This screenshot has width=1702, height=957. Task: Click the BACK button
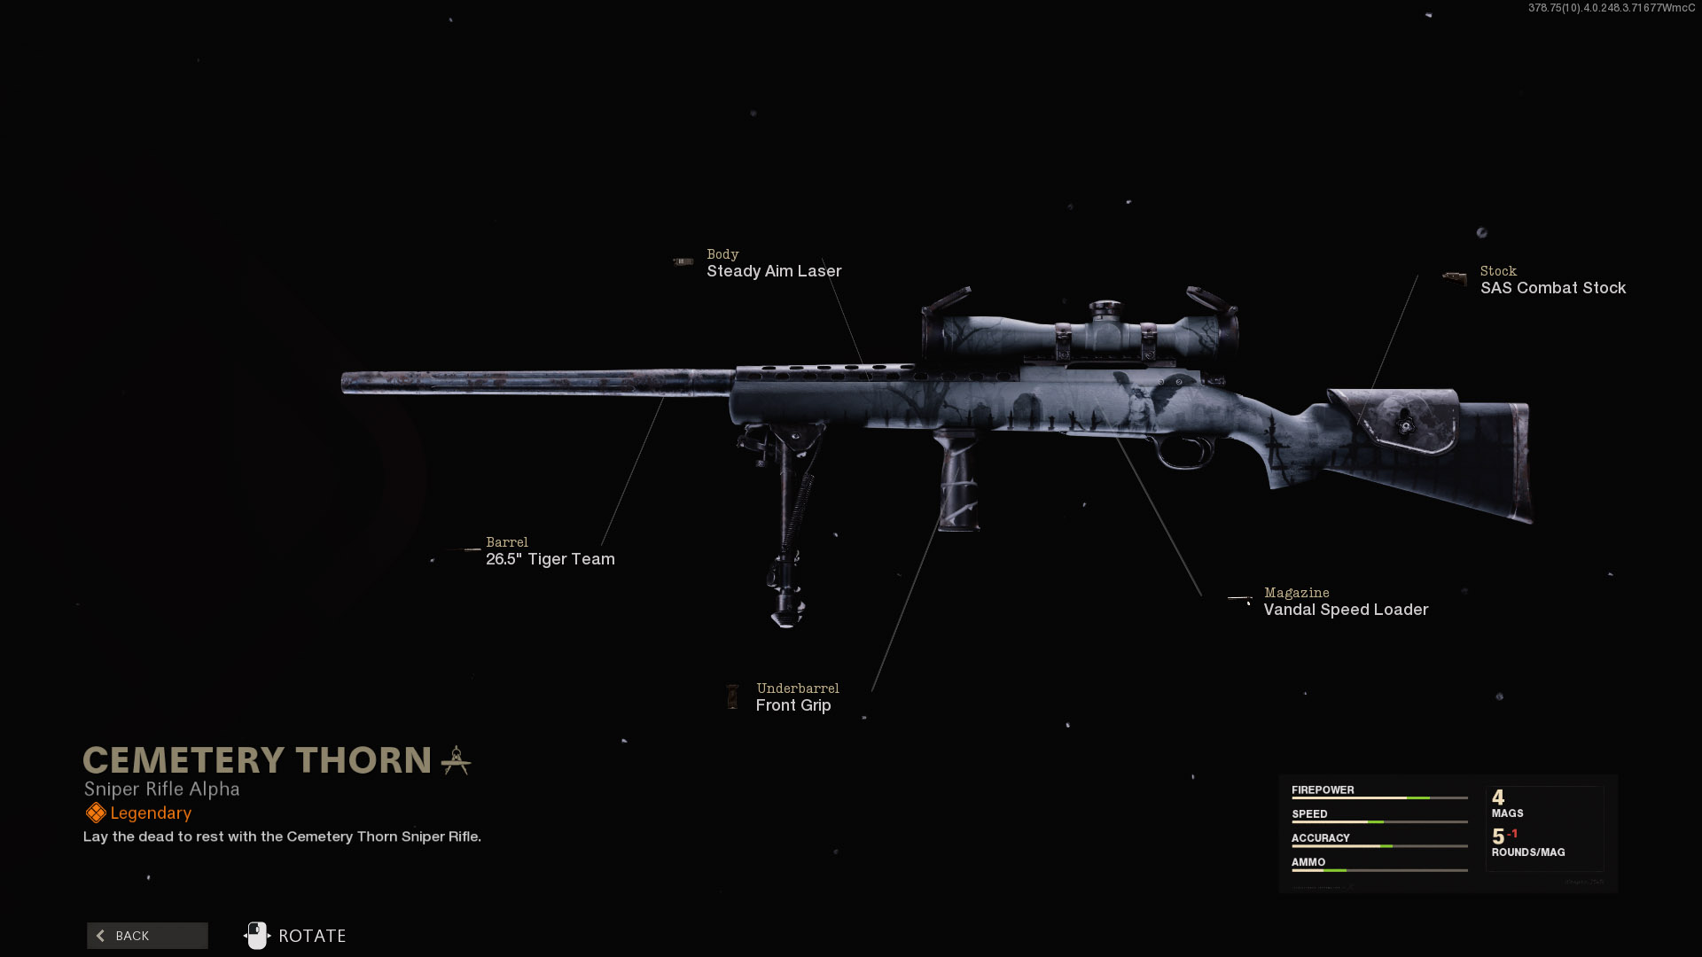(147, 936)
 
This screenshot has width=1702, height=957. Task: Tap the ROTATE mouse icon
(256, 936)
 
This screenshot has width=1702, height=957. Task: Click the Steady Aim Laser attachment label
(773, 271)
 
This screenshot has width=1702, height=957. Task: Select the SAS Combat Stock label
(1552, 288)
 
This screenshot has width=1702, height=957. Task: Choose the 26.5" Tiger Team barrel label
(550, 559)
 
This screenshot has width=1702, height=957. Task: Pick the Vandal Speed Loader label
(1345, 610)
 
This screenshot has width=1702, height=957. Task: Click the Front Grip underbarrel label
(792, 705)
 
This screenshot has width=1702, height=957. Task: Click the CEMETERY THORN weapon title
(257, 760)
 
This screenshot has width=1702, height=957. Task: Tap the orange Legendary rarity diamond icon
(96, 813)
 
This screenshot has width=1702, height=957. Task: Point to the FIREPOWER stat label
(1323, 790)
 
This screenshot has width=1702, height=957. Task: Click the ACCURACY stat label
(1320, 837)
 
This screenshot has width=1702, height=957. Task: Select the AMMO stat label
(1308, 861)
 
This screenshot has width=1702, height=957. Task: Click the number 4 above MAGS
(1498, 797)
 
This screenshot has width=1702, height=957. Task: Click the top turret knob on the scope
(1105, 308)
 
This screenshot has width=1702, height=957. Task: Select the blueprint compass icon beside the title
(456, 760)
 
